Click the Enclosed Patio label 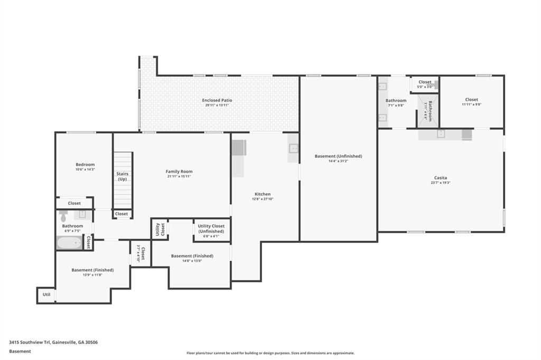pos(217,100)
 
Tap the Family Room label pos(179,172)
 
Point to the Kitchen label pos(262,194)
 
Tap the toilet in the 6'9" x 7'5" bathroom pos(64,215)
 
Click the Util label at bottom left pos(46,294)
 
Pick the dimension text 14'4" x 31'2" pos(338,162)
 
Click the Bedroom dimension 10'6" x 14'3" pos(85,169)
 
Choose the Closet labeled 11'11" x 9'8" pos(471,105)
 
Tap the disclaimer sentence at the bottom pos(270,353)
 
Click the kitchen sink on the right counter pos(293,148)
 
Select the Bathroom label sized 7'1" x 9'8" pos(396,101)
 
